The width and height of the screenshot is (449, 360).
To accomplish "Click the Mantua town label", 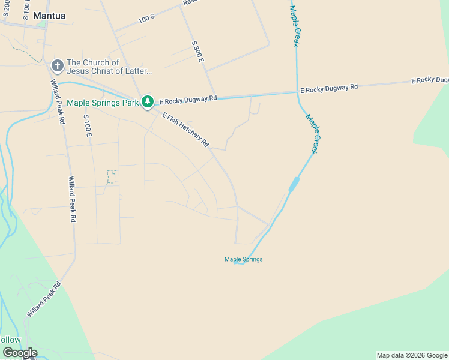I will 50,16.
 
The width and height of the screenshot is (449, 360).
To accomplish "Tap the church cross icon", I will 58,65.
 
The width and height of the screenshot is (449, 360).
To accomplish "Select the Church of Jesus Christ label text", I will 109,67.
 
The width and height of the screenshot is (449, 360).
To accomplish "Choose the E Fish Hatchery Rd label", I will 185,130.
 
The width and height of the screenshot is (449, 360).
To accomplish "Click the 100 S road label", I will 146,19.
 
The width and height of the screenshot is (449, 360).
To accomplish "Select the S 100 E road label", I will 87,126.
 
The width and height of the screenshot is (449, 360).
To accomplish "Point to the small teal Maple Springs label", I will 244,259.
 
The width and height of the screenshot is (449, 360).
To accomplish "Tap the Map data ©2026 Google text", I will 412,355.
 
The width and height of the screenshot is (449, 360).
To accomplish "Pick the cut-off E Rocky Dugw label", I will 430,80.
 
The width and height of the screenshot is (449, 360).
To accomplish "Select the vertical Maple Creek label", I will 294,26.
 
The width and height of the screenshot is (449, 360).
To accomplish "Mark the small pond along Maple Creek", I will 294,184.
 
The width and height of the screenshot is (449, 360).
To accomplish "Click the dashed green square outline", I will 112,176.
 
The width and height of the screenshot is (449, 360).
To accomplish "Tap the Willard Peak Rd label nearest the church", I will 58,102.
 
